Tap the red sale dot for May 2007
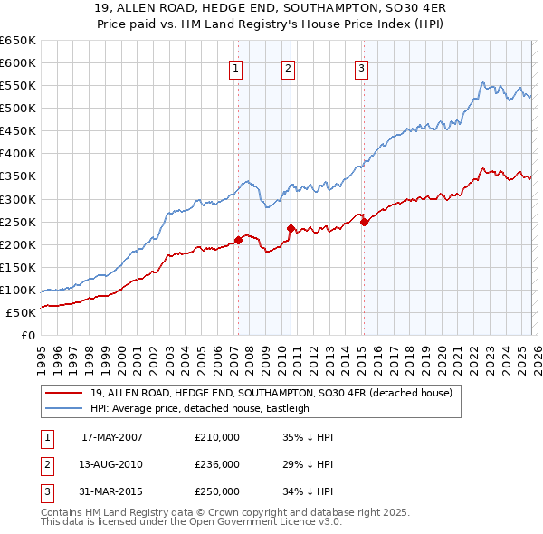coord(239,240)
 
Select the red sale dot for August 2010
coord(291,228)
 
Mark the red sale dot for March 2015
coord(364,222)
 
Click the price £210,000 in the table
coord(217,436)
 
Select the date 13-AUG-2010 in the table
coord(111,464)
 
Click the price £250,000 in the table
coord(217,492)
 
